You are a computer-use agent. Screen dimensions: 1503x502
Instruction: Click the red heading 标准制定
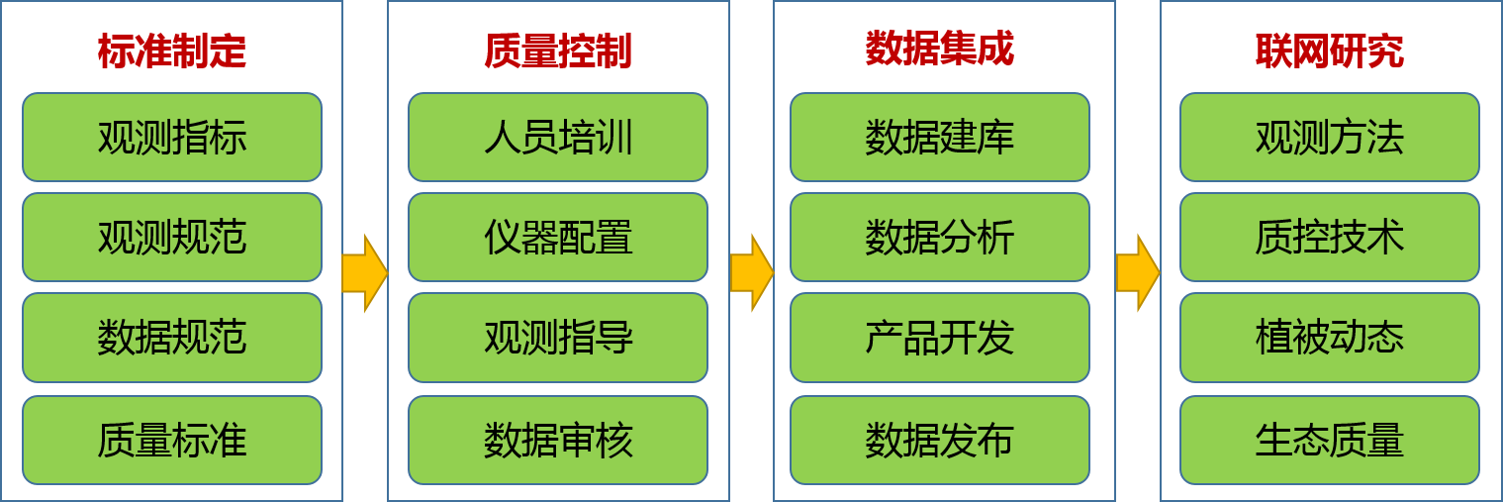pos(172,51)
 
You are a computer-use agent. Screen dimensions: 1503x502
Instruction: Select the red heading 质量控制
pos(558,51)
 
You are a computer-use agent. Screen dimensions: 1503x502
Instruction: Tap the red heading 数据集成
pos(939,49)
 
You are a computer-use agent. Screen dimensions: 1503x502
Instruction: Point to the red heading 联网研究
pos(1329,51)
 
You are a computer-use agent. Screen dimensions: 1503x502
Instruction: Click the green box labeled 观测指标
pos(172,137)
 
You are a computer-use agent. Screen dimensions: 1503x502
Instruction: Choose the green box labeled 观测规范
pos(172,237)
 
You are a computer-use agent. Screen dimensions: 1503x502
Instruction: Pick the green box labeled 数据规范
pos(172,338)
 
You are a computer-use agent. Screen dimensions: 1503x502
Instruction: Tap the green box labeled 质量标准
pos(172,441)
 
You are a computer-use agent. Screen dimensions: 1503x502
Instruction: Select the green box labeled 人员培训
pos(558,137)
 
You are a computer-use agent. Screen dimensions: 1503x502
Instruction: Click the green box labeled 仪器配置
pos(558,237)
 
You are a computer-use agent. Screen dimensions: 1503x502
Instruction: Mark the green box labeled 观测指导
pos(558,338)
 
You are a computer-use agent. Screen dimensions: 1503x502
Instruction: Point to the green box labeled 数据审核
pos(558,441)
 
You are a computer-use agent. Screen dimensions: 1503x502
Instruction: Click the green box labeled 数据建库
pos(939,137)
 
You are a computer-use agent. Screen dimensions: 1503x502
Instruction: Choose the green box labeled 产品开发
pos(939,338)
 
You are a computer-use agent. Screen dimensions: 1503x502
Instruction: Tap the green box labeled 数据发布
pos(939,441)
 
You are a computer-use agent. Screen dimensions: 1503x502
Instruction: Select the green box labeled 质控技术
pos(1329,237)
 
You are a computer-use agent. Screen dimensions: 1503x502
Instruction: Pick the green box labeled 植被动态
pos(1329,338)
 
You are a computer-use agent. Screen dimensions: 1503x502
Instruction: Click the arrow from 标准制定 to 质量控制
pos(365,273)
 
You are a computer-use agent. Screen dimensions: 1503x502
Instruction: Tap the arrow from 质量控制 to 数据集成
pos(752,273)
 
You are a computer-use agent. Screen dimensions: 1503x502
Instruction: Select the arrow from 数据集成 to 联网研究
pos(1138,273)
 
